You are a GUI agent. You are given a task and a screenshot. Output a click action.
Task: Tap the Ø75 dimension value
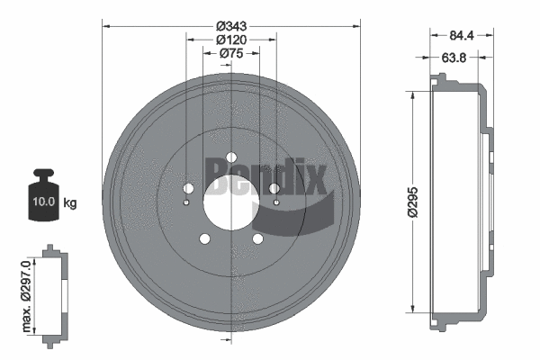pyautogui.click(x=232, y=53)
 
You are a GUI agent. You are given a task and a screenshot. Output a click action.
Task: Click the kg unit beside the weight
pyautogui.click(x=69, y=202)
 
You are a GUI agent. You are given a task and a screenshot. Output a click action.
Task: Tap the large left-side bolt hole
pyautogui.click(x=189, y=188)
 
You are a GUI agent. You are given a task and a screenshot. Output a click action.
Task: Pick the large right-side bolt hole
pyautogui.click(x=274, y=188)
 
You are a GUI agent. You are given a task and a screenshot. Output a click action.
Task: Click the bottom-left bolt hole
pyautogui.click(x=204, y=238)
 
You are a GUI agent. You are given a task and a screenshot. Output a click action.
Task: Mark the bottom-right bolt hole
pyautogui.click(x=258, y=238)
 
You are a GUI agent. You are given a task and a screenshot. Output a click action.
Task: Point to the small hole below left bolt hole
pyautogui.click(x=186, y=202)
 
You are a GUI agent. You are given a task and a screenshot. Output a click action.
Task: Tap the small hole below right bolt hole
pyautogui.click(x=276, y=202)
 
